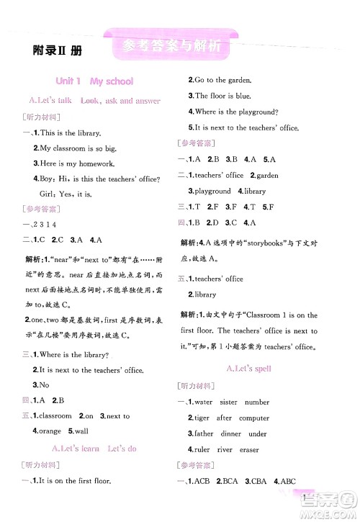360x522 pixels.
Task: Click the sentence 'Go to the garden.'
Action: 222,80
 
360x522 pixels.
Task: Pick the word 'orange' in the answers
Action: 50,431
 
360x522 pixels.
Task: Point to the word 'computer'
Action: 253,418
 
